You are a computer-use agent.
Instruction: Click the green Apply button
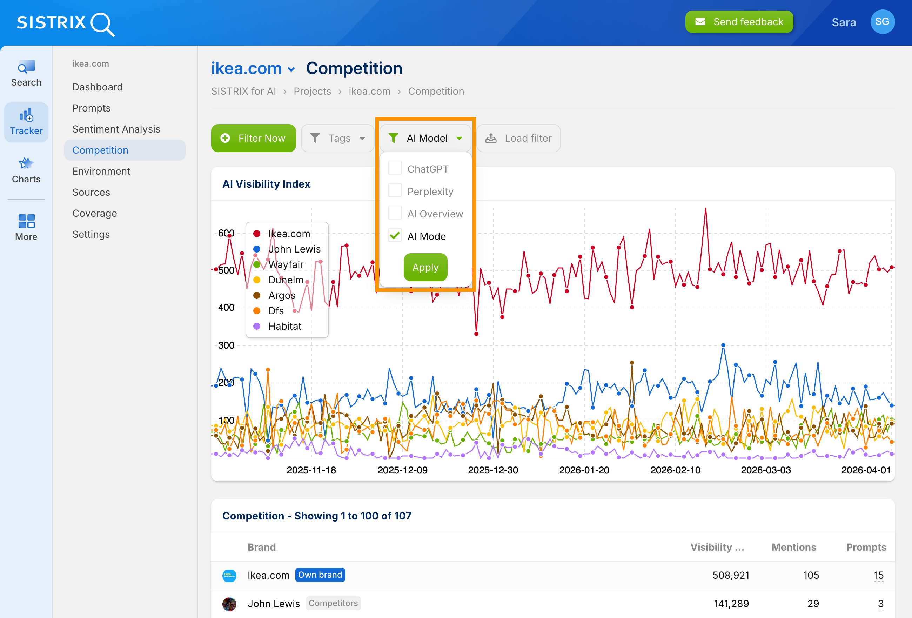click(425, 267)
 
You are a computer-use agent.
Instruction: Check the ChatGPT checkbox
click(395, 168)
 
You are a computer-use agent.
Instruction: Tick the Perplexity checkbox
click(395, 191)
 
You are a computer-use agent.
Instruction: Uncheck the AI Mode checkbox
click(395, 235)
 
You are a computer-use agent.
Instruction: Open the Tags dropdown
click(338, 138)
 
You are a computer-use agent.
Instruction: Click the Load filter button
click(518, 138)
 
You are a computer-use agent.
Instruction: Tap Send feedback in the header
click(739, 22)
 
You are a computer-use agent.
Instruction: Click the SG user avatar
click(882, 22)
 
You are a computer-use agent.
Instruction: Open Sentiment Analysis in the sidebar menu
click(116, 129)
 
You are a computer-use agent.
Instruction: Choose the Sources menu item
click(91, 192)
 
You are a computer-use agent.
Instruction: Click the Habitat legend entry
click(284, 326)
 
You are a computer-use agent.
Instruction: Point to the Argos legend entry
click(281, 295)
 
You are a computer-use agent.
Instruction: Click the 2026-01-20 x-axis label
click(584, 470)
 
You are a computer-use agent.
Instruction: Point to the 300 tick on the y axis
click(226, 345)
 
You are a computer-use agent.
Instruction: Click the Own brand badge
click(320, 575)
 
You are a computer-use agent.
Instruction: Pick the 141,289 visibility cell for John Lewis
click(731, 604)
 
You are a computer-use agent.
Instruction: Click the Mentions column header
click(793, 547)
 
